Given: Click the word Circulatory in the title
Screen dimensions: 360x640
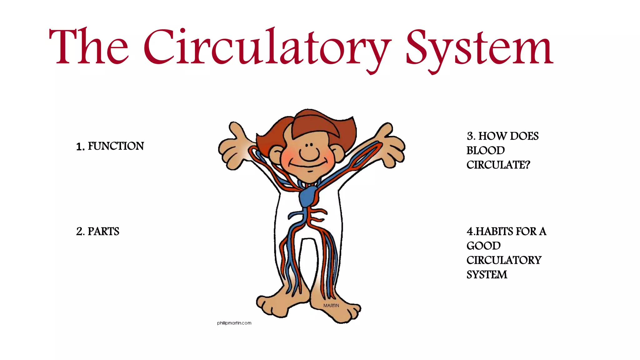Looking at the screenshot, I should click(267, 47).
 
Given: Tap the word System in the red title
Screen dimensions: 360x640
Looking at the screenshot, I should click(480, 48).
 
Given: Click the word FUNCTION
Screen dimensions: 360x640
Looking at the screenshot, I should click(116, 146).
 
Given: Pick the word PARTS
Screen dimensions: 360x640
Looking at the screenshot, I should click(103, 231).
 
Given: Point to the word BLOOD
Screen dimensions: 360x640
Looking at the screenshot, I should click(485, 150).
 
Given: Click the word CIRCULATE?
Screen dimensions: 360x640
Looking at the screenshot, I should click(498, 165).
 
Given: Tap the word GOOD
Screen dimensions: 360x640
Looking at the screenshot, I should click(483, 246).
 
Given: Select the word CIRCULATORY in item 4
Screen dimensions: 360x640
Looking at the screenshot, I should click(504, 260).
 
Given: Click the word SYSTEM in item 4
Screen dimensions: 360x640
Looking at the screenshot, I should click(487, 274).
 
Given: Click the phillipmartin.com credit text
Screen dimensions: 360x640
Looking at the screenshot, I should click(234, 323).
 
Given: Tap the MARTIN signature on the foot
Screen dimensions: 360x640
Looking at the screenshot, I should click(331, 305).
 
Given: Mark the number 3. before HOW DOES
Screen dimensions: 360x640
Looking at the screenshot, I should click(471, 136).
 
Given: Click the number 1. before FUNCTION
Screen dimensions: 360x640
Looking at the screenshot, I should click(80, 147).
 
